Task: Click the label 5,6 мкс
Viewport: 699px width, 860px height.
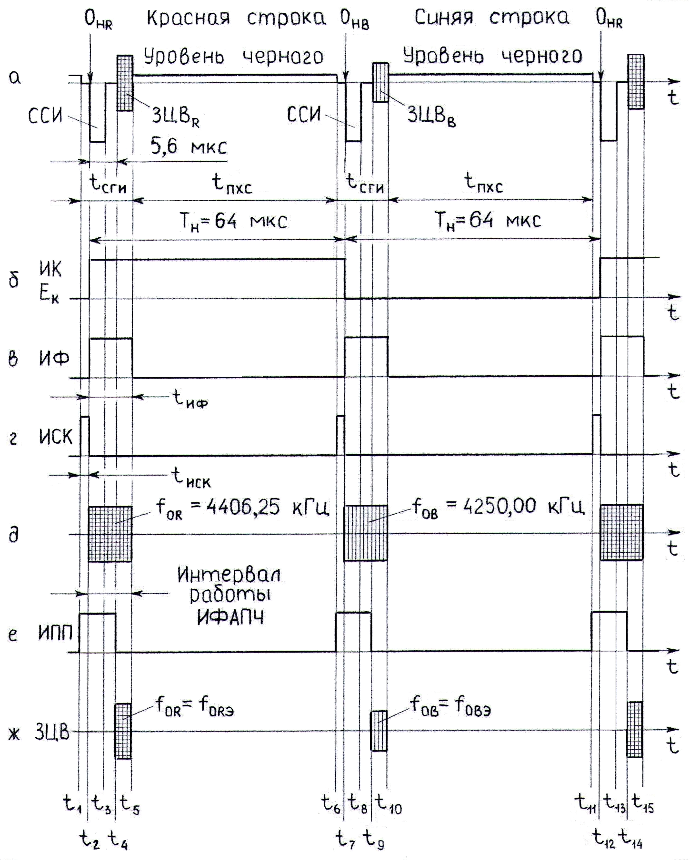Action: point(189,147)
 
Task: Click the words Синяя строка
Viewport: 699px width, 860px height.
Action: point(491,17)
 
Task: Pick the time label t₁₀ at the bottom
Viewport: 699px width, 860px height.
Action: point(389,803)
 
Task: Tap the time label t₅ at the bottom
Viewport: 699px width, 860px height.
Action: point(130,803)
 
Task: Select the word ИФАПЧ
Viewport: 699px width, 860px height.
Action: point(230,617)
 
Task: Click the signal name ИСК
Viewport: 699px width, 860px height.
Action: point(56,436)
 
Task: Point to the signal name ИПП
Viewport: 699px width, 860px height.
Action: point(56,634)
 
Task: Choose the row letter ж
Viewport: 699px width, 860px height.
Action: point(14,734)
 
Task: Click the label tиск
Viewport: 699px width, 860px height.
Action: point(191,477)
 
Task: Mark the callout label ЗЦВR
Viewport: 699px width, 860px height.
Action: point(176,116)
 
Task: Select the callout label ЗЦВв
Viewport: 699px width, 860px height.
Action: point(431,115)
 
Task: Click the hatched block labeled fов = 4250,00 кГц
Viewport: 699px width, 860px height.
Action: point(366,533)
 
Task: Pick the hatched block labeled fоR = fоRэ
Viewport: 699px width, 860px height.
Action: point(123,731)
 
